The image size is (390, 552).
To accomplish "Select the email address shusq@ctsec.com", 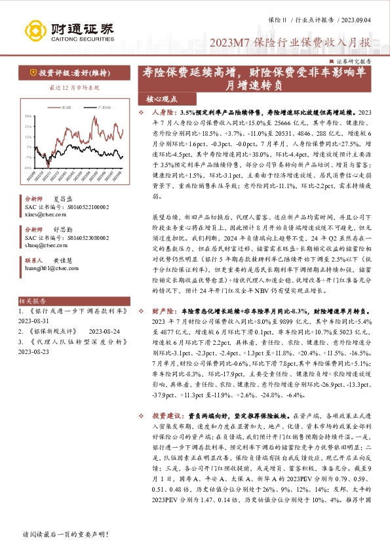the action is point(43,247).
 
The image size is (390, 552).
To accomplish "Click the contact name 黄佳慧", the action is point(64,260).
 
